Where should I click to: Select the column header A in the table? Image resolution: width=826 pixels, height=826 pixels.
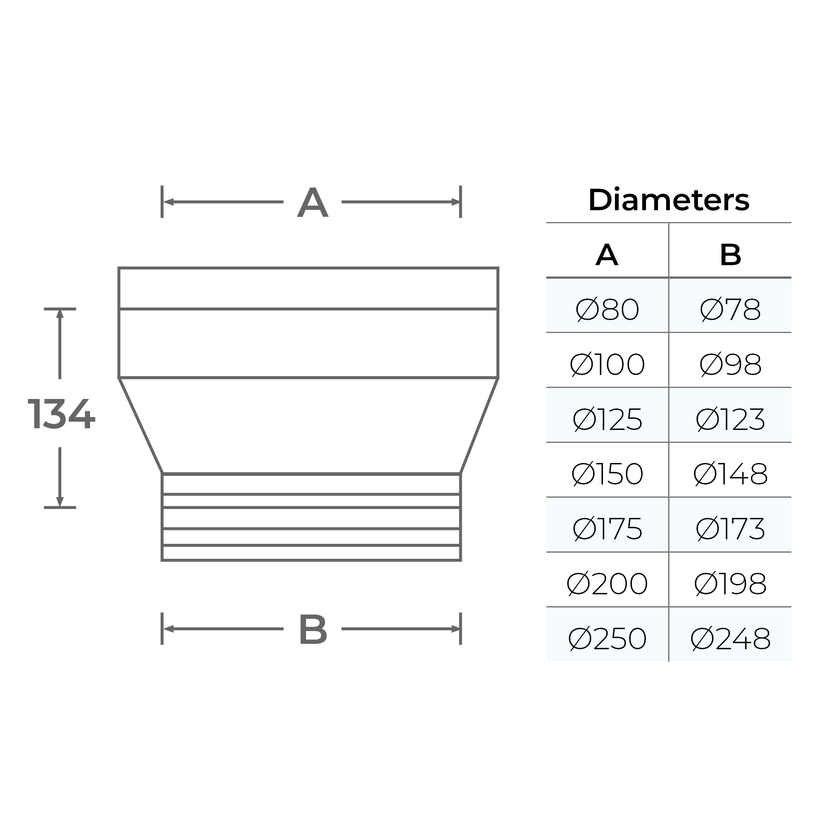(x=607, y=255)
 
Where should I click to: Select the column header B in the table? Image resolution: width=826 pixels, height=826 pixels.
(x=730, y=255)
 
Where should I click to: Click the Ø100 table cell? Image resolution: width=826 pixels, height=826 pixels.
(x=607, y=365)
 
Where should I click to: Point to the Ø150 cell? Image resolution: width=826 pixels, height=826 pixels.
(x=607, y=474)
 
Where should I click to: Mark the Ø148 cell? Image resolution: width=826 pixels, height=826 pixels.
(x=730, y=474)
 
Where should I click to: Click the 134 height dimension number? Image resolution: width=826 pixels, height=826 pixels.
(x=61, y=414)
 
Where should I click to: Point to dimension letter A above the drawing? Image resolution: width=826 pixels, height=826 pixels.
(x=313, y=203)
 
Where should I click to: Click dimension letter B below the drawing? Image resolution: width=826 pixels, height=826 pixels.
(x=313, y=630)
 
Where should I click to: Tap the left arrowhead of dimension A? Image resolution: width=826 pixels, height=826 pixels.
(x=168, y=202)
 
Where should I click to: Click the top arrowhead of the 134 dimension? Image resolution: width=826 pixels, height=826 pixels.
(x=60, y=314)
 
